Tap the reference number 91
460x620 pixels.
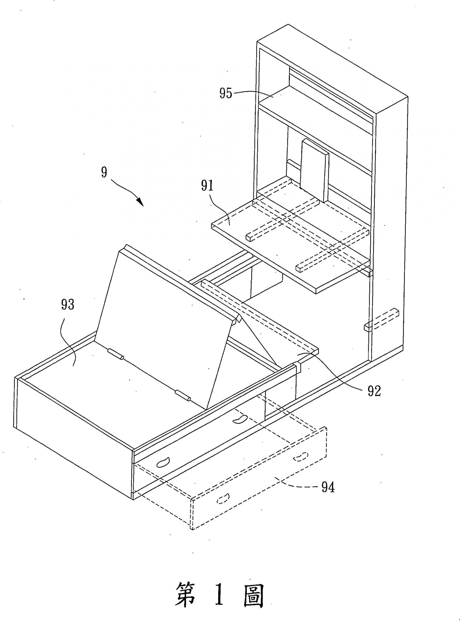tap(207, 186)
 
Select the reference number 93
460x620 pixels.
tap(68, 305)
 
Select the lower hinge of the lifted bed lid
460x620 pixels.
tap(183, 395)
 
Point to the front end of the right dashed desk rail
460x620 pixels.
tap(299, 268)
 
